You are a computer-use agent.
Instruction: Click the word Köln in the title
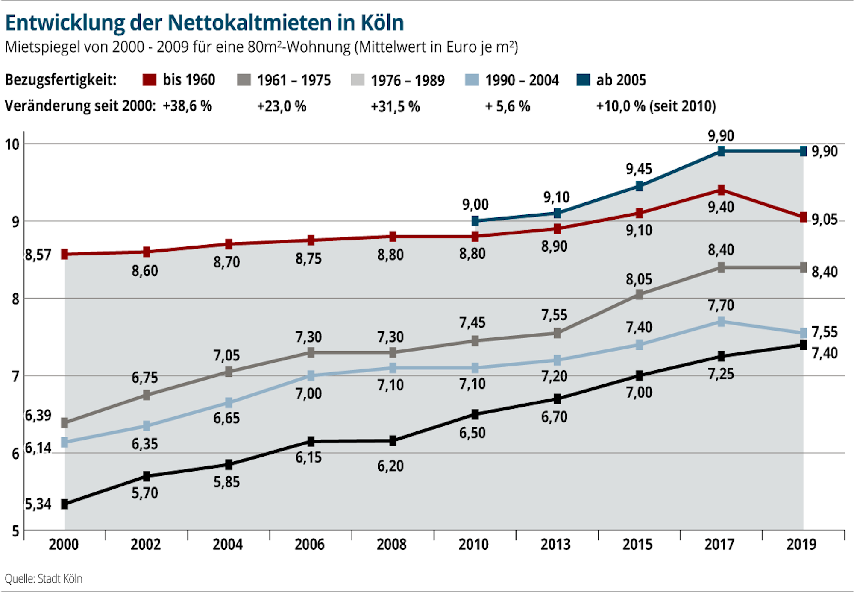point(382,23)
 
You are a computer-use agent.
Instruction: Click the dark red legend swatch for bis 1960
point(149,80)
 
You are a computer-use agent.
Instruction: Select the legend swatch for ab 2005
point(583,80)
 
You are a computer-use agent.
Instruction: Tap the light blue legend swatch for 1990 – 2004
point(472,80)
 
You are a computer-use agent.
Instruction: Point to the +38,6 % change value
point(187,106)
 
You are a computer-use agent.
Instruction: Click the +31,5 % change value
point(395,106)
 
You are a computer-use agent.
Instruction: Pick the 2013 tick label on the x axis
point(555,545)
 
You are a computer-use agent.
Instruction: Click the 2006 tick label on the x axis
point(309,545)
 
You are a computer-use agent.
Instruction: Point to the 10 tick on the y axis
point(12,145)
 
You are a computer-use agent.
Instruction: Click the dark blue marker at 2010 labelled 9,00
point(475,221)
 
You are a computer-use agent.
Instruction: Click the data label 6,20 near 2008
point(390,466)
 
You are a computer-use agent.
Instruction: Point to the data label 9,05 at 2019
point(824,220)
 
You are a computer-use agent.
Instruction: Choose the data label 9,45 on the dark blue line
point(639,169)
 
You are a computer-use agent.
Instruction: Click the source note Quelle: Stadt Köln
point(43,579)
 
